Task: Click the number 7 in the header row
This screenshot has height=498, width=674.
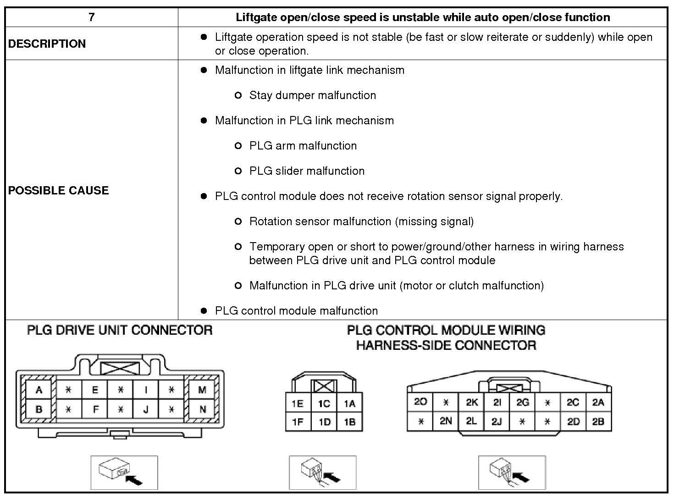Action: coord(91,17)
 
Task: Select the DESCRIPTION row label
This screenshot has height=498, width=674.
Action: coord(47,44)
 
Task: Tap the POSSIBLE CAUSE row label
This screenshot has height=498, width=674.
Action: coord(58,190)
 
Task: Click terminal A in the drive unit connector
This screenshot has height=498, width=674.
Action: coord(39,390)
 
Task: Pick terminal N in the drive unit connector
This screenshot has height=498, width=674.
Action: coord(203,409)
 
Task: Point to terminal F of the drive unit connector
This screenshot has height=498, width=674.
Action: coord(95,409)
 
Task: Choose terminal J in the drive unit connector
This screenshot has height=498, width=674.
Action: coord(146,409)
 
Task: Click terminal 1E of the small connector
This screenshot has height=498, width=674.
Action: coord(298,404)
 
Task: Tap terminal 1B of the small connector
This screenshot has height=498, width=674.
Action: coord(349,422)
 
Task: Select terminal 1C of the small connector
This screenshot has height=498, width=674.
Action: coord(324,404)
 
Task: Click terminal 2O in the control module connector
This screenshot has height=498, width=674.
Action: coord(420,402)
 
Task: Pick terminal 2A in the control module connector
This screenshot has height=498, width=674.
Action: coord(598,402)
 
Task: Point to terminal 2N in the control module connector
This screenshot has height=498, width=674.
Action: coord(446,421)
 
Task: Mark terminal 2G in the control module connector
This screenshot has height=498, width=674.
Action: coord(522,402)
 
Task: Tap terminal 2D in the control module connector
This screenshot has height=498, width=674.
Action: coord(573,421)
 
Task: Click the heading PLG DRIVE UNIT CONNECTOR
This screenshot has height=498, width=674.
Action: coord(120,330)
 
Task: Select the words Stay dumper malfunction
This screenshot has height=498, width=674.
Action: coord(313,95)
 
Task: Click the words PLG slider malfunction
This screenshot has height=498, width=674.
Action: coord(307,171)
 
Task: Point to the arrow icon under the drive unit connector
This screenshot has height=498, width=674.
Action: coord(134,480)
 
